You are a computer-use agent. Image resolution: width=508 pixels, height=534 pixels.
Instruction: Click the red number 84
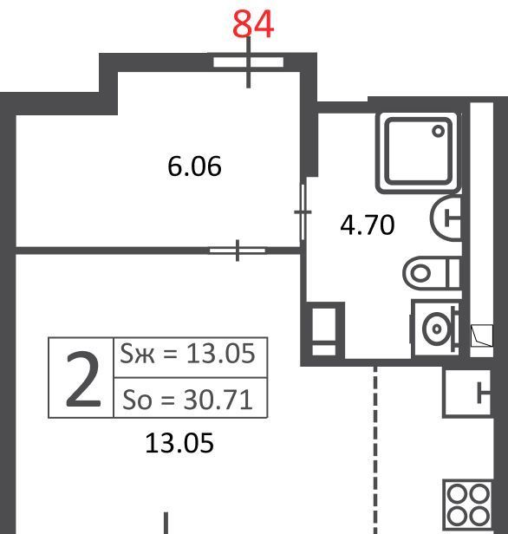253,24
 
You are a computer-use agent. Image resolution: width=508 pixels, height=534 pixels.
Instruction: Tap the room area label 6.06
194,166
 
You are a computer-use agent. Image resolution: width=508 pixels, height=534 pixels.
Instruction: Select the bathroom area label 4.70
368,225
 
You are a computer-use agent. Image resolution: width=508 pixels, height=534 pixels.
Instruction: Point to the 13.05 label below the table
179,443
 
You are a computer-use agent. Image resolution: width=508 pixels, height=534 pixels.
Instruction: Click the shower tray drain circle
438,131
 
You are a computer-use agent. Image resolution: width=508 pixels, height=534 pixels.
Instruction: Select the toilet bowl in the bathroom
432,273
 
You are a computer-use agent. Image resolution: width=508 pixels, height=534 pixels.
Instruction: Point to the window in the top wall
249,62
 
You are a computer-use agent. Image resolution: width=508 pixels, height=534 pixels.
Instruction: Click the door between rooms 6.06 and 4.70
303,212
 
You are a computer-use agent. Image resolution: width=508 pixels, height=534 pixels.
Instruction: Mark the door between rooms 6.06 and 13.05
238,251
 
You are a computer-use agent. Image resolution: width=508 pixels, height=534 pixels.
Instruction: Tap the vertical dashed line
375,450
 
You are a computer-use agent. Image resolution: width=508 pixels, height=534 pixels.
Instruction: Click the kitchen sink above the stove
467,393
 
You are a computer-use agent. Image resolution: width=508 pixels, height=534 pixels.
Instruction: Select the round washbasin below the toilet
435,329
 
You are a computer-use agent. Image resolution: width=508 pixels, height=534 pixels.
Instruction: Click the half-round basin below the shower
446,218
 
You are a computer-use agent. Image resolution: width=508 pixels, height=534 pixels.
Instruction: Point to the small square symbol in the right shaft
481,335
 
